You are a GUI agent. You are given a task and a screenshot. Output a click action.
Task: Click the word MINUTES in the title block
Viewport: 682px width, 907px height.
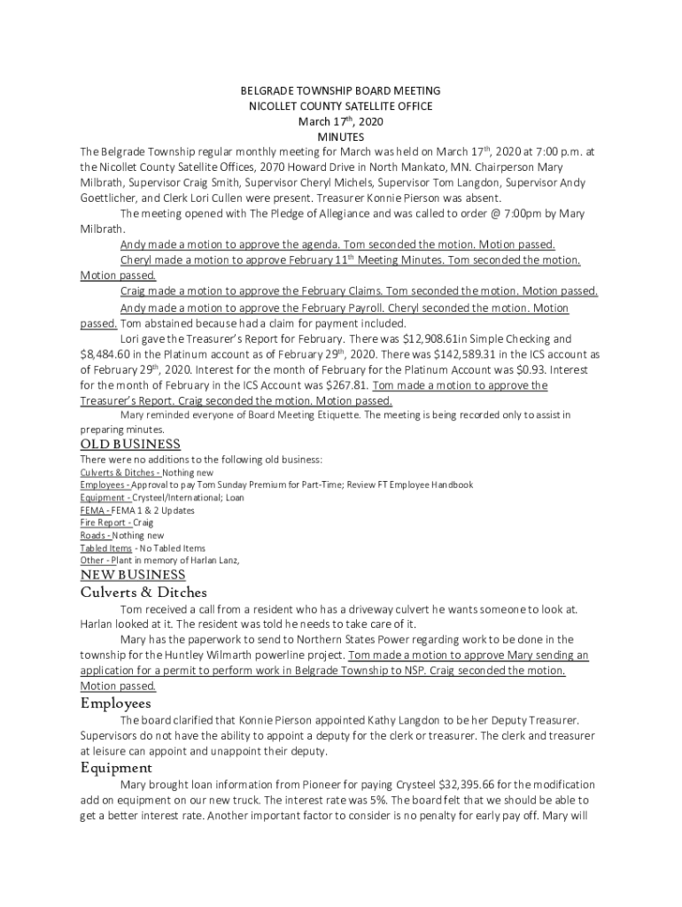(341, 137)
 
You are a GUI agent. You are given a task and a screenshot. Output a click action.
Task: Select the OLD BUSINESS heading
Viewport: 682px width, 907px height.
(130, 445)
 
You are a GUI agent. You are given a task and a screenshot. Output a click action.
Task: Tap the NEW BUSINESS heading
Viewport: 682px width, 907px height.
(133, 575)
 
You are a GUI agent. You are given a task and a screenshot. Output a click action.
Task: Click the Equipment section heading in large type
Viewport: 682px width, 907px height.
(116, 768)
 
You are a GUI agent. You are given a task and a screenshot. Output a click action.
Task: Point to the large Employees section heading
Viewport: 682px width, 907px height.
(115, 703)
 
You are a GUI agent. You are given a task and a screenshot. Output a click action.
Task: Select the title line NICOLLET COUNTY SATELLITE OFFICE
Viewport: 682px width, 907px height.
(341, 106)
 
